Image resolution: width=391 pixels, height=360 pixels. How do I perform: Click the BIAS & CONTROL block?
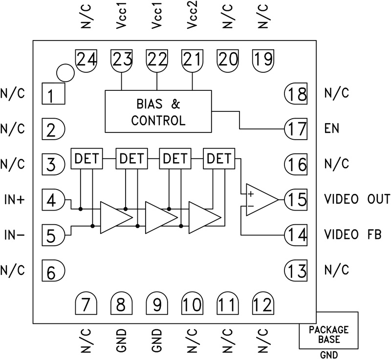pos(158,111)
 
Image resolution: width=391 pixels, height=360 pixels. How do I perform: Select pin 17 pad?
pos(296,129)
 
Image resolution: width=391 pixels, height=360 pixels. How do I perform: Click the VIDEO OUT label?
pos(357,199)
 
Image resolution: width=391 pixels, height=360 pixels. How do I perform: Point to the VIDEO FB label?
pos(353,235)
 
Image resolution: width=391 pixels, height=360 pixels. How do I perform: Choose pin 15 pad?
pos(296,199)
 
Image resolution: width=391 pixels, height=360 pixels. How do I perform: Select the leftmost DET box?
pos(87,158)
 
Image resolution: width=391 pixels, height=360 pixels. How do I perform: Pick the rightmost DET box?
pos(219,158)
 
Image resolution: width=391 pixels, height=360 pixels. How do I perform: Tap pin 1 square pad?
pos(53,94)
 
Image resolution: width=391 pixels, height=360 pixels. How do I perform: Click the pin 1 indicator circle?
pos(65,73)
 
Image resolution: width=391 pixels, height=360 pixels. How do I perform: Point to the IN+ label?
pos(13,200)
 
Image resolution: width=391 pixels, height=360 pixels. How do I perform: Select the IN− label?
pos(13,235)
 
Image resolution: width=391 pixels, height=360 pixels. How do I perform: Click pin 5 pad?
pos(53,235)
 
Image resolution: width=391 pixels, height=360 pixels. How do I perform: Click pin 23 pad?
pos(122,60)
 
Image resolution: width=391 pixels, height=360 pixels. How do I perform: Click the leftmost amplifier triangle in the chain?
pos(115,216)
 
